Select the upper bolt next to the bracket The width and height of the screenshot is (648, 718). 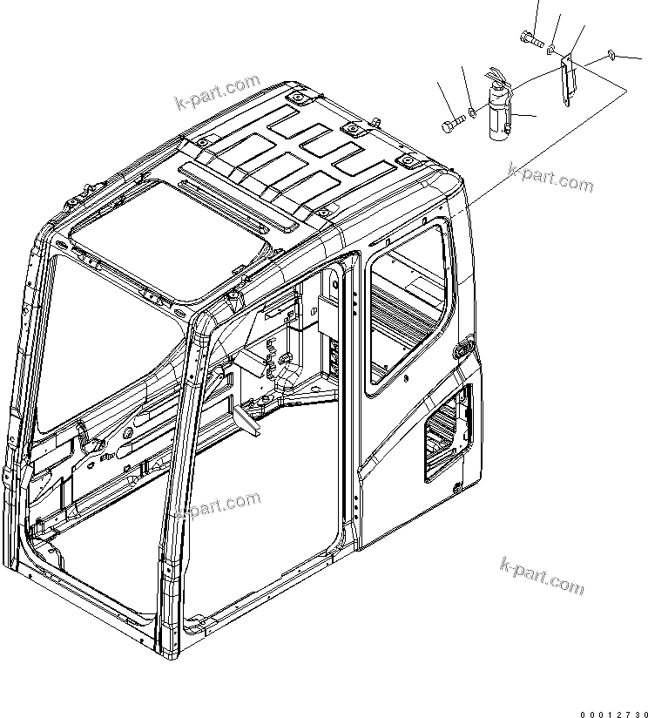pyautogui.click(x=530, y=37)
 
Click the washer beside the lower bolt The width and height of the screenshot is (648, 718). pyautogui.click(x=472, y=112)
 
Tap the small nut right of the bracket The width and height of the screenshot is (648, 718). pyautogui.click(x=611, y=56)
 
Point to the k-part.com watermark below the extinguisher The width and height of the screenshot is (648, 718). pyautogui.click(x=552, y=179)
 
